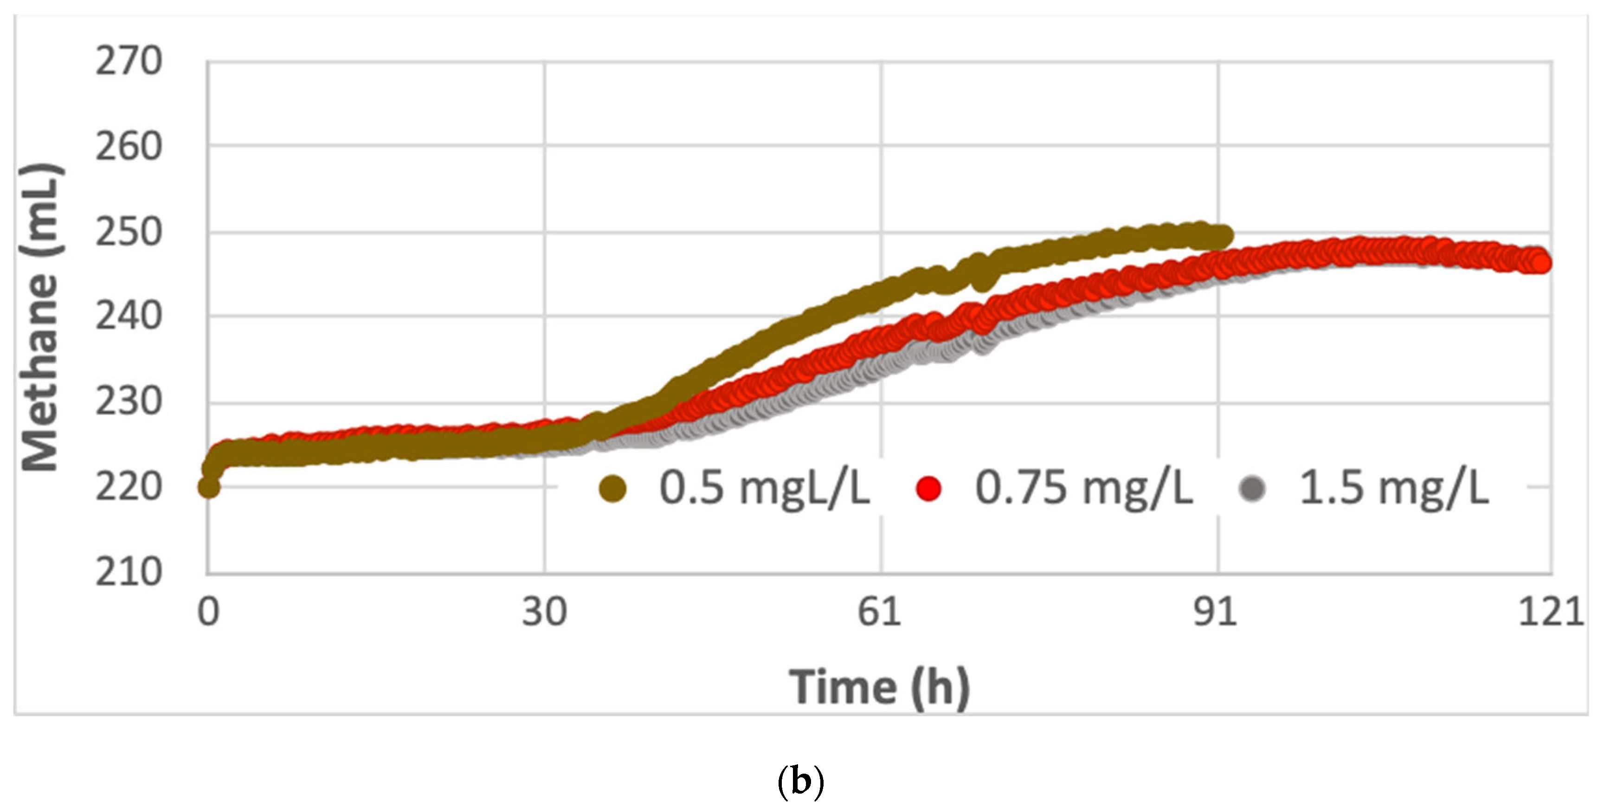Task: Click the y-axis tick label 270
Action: tap(128, 62)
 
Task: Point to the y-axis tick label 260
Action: tap(128, 147)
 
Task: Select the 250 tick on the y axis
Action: tap(128, 233)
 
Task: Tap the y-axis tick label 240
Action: tap(128, 317)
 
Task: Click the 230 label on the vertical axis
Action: tap(128, 402)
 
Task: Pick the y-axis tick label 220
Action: tap(128, 488)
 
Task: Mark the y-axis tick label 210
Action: tap(128, 572)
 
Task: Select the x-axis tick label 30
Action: tap(544, 612)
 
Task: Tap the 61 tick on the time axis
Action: tap(880, 612)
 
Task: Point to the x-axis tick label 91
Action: tap(1216, 612)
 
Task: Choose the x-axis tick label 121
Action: tap(1551, 612)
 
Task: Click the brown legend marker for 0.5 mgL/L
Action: tap(612, 488)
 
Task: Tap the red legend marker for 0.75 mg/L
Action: tap(928, 488)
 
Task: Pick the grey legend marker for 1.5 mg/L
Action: tap(1252, 488)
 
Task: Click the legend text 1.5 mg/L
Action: tap(1393, 488)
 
